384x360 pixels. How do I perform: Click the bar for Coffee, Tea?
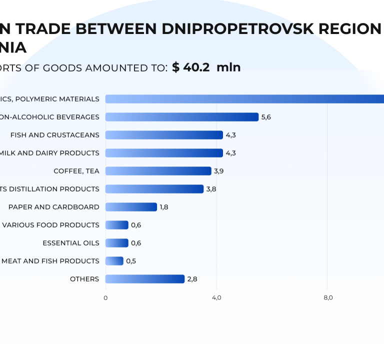click(158, 171)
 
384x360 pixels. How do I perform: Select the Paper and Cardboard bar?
click(131, 207)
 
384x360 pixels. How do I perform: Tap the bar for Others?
click(144, 279)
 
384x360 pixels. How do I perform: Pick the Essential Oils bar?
click(116, 243)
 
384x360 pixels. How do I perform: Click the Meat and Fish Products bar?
click(114, 261)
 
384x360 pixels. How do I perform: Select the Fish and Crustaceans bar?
click(164, 135)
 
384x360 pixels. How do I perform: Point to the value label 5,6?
click(266, 117)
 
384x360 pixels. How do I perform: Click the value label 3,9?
click(219, 171)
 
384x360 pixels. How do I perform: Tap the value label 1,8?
click(164, 207)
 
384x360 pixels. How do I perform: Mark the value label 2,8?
click(192, 279)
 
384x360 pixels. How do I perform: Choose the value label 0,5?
click(131, 261)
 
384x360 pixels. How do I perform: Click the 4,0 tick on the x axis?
click(216, 298)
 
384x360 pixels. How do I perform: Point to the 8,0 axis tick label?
click(328, 298)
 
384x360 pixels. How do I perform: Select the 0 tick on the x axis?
click(105, 298)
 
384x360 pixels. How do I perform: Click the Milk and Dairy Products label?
click(49, 153)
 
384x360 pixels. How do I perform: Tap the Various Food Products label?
click(50, 225)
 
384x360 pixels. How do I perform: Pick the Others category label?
click(84, 279)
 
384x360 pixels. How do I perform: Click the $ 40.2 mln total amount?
click(206, 67)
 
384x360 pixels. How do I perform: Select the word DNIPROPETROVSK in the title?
click(235, 29)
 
